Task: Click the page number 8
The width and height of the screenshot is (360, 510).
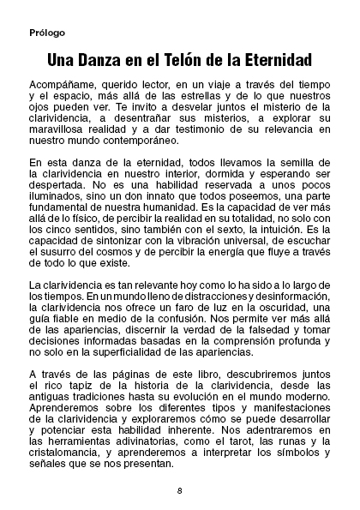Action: click(x=179, y=490)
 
